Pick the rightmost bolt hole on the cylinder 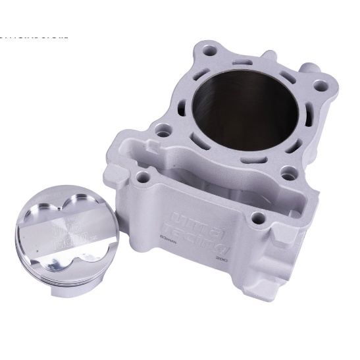320,84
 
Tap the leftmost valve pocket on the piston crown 34,227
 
